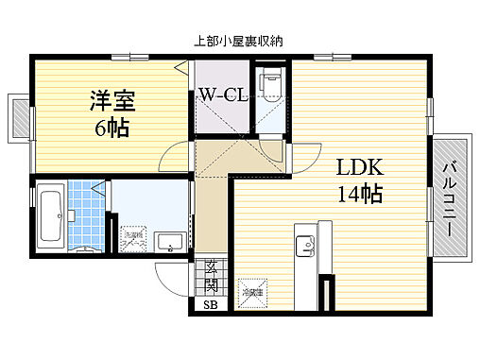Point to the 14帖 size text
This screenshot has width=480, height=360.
(359, 197)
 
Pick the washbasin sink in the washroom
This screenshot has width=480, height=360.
(169, 242)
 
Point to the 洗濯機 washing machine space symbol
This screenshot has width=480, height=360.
(134, 240)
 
